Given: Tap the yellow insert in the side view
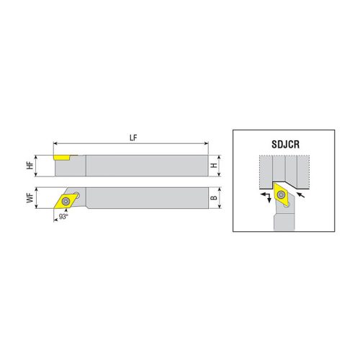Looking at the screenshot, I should [x=60, y=156].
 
